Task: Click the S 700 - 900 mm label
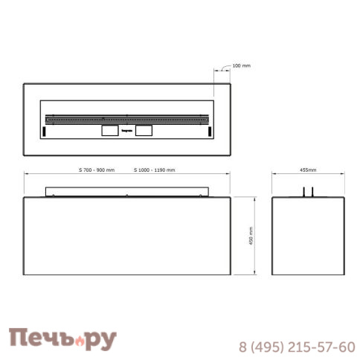[97, 170]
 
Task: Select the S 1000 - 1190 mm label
[155, 170]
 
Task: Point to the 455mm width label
[308, 170]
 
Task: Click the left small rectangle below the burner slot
[109, 130]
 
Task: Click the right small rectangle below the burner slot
[144, 130]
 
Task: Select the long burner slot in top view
[126, 118]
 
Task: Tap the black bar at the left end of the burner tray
[44, 131]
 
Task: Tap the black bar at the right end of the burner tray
[210, 131]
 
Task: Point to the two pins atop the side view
[308, 191]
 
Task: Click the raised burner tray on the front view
[126, 191]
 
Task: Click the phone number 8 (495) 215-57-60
[296, 347]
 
